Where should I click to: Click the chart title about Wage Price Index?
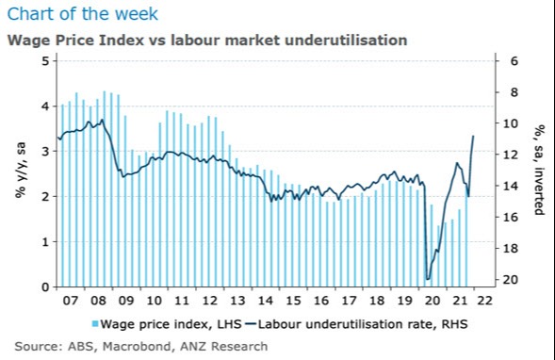pyautogui.click(x=206, y=41)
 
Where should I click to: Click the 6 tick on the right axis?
pyautogui.click(x=514, y=61)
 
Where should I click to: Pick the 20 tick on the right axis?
pyautogui.click(x=514, y=280)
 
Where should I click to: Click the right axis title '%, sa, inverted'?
pyautogui.click(x=540, y=170)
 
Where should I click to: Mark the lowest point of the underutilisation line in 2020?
pyautogui.click(x=428, y=279)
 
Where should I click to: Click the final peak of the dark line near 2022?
pyautogui.click(x=473, y=137)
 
